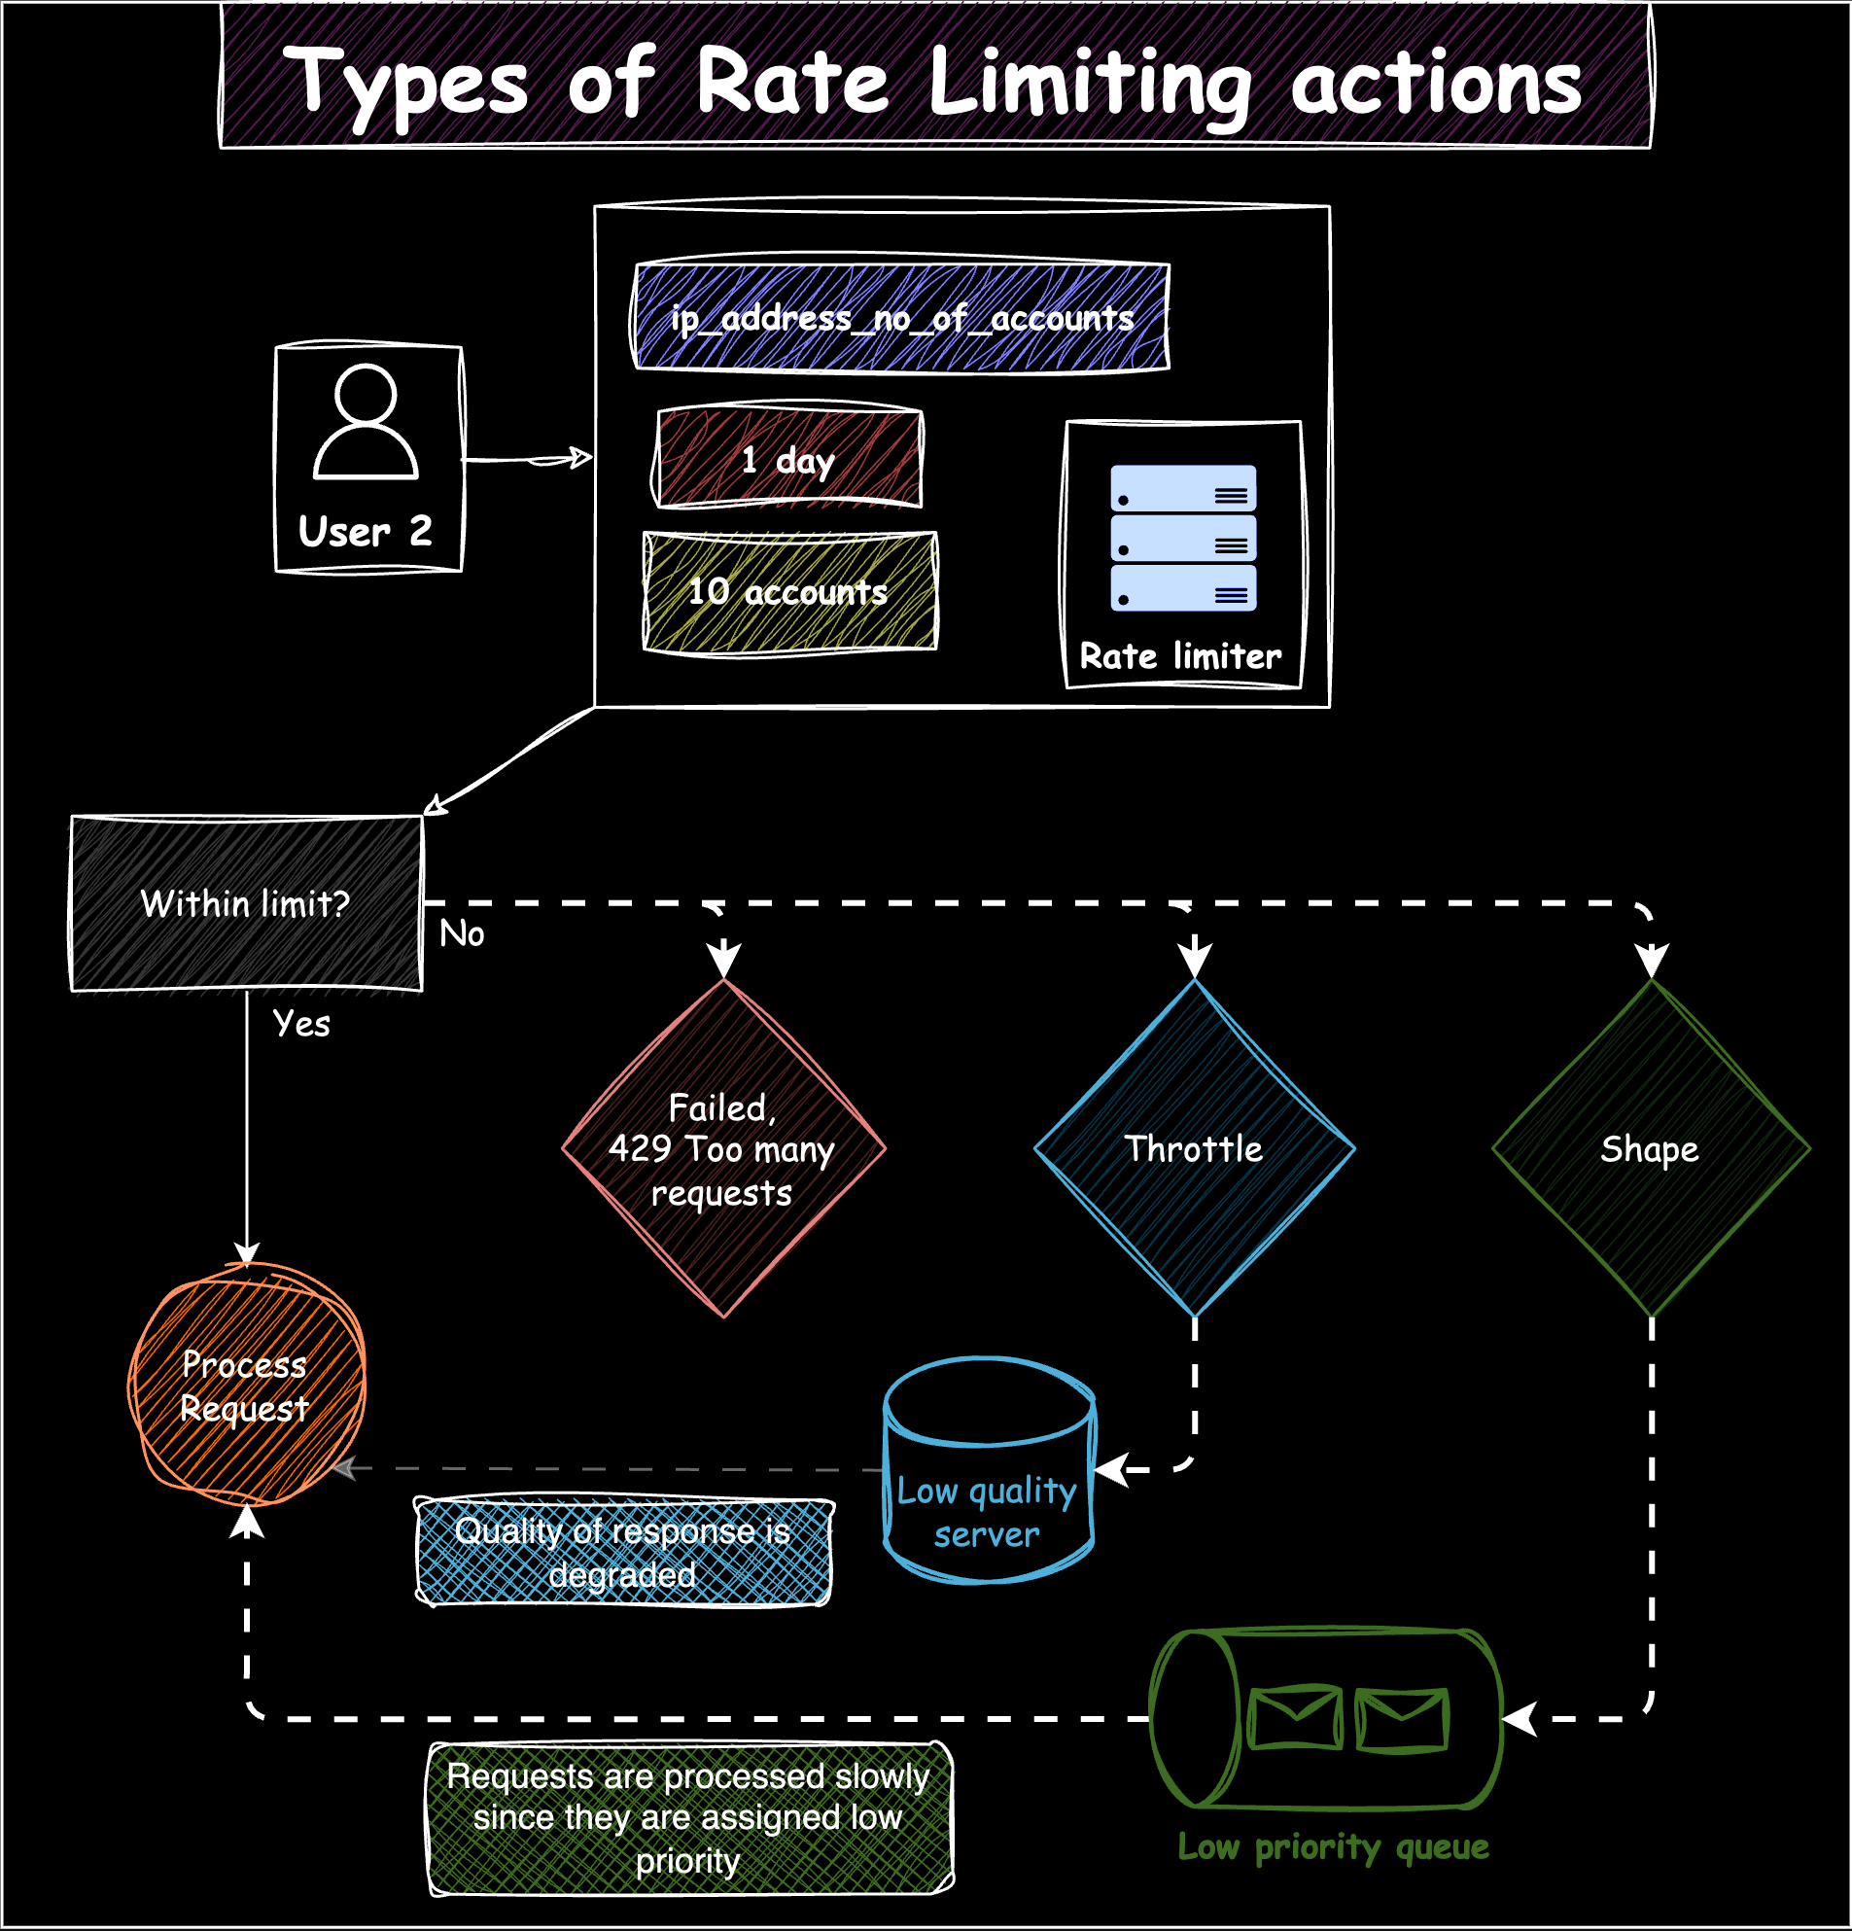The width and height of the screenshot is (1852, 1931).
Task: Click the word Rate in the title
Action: pyautogui.click(x=793, y=83)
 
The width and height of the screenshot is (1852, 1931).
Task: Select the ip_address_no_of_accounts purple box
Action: pyautogui.click(x=900, y=317)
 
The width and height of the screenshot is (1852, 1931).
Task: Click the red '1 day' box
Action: pyautogui.click(x=788, y=459)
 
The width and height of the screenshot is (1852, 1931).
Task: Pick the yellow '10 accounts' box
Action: pyautogui.click(x=789, y=591)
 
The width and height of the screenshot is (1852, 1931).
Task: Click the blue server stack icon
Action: pyautogui.click(x=1183, y=538)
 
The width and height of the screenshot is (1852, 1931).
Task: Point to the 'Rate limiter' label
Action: pyautogui.click(x=1180, y=656)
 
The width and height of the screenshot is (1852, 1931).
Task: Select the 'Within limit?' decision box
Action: pyautogui.click(x=246, y=903)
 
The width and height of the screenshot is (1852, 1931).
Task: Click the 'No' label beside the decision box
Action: pyautogui.click(x=461, y=933)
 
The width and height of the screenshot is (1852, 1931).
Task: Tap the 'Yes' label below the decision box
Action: pyautogui.click(x=301, y=1024)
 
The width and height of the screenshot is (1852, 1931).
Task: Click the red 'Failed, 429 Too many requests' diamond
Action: pyautogui.click(x=723, y=1148)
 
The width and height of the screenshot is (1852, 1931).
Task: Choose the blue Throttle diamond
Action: pyautogui.click(x=1194, y=1148)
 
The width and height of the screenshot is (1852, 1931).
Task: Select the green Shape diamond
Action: pyautogui.click(x=1650, y=1148)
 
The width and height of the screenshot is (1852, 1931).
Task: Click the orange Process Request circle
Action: pyautogui.click(x=246, y=1386)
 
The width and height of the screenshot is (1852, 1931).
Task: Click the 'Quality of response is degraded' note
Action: pyautogui.click(x=622, y=1552)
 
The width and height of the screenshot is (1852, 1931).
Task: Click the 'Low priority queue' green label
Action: pyautogui.click(x=1333, y=1846)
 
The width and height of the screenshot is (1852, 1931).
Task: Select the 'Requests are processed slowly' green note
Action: pyautogui.click(x=688, y=1817)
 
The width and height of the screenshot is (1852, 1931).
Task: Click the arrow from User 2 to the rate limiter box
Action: pyautogui.click(x=528, y=459)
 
